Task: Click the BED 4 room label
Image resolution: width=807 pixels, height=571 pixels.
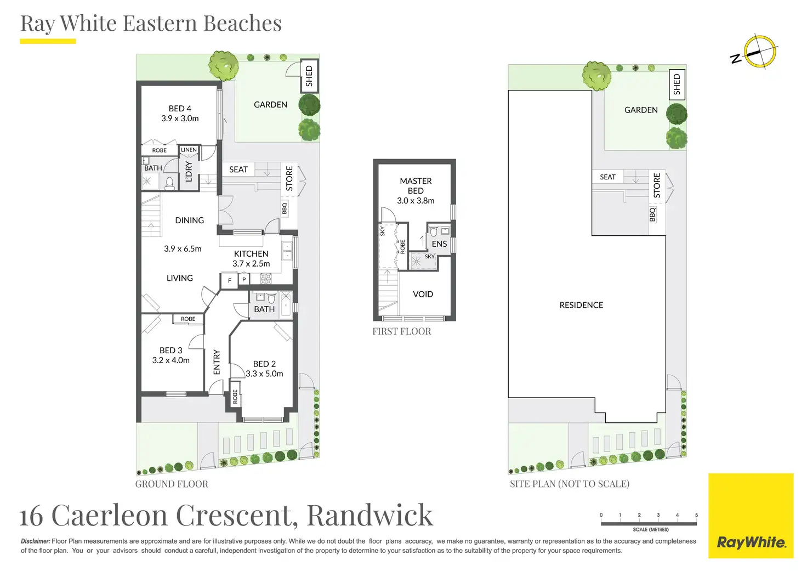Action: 180,109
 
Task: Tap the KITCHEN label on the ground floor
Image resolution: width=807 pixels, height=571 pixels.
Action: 251,254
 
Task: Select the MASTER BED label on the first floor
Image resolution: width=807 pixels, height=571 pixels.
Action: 416,185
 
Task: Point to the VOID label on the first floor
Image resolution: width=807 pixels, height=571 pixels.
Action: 423,294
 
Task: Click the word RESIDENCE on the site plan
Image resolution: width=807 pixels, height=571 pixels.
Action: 581,305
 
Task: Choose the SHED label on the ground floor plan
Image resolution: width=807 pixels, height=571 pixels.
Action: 309,76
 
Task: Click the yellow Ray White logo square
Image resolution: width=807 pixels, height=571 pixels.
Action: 751,516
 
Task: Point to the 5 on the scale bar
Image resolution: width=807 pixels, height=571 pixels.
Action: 696,515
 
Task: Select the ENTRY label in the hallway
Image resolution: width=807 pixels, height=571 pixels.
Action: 217,362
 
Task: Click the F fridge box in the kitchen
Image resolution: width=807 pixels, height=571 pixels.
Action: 229,280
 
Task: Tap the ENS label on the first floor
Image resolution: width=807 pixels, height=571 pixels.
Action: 439,244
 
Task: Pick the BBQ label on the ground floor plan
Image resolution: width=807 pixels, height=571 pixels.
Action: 285,208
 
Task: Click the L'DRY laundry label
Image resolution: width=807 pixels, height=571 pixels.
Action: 189,172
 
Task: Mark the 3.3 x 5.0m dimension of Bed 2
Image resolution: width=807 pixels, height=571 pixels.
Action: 264,374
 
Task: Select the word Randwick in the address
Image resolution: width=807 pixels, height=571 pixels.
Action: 370,516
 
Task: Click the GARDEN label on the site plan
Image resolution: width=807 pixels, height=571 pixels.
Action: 641,110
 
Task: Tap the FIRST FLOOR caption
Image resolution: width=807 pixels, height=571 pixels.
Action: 402,331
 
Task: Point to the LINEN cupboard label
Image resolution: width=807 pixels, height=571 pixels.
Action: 189,150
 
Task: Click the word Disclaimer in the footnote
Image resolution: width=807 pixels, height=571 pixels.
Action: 35,541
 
